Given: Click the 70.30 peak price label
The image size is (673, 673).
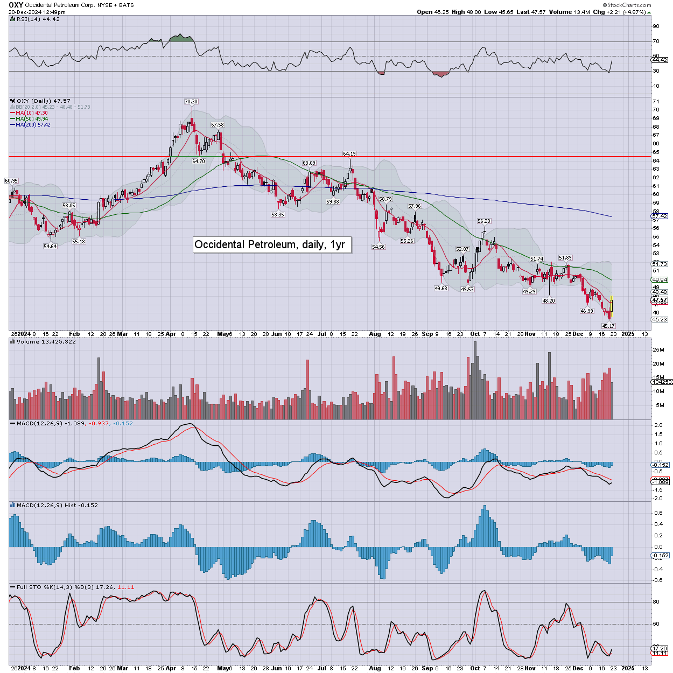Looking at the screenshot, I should (191, 101).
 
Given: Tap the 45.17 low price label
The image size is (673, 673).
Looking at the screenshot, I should (608, 326).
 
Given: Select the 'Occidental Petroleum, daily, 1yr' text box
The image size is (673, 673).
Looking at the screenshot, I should (270, 244).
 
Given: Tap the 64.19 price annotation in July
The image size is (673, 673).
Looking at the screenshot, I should (349, 154).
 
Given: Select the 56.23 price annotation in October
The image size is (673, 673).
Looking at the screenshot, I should (484, 221).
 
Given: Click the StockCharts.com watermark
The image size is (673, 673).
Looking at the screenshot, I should (629, 5).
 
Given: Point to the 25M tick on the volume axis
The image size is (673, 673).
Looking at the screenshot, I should (658, 350).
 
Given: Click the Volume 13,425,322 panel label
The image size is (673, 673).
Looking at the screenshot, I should (46, 342).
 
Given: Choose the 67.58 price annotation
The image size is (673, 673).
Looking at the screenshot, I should (218, 125).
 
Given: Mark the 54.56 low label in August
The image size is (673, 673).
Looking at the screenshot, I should (378, 247).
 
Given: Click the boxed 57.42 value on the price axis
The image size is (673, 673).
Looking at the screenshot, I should (660, 216).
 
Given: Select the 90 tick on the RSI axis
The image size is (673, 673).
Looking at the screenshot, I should (656, 26).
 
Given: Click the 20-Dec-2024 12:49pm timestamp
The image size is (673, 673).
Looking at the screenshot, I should (37, 12).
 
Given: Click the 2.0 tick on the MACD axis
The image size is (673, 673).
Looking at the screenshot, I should (658, 425).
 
